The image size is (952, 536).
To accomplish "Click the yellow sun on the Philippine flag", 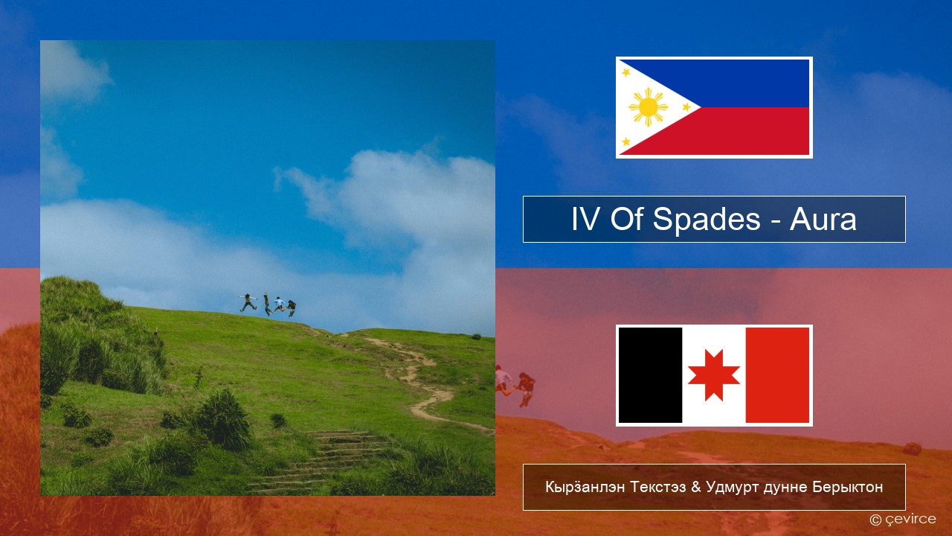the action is pyautogui.click(x=648, y=107).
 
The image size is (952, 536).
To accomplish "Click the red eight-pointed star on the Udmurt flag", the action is pyautogui.click(x=714, y=375).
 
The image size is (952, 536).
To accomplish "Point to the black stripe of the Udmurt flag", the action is pyautogui.click(x=650, y=375).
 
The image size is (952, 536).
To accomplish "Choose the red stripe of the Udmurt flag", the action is pyautogui.click(x=778, y=375).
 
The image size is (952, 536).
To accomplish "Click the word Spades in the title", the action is pyautogui.click(x=707, y=220).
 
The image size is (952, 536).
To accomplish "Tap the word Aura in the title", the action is pyautogui.click(x=823, y=220).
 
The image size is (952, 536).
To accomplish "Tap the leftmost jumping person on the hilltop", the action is pyautogui.click(x=248, y=302).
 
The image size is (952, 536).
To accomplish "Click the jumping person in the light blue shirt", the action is pyautogui.click(x=279, y=305).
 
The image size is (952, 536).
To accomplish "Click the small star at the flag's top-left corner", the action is pyautogui.click(x=625, y=72).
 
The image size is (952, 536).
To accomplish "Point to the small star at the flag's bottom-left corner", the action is pyautogui.click(x=625, y=141).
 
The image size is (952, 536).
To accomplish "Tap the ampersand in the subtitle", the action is pyautogui.click(x=695, y=487).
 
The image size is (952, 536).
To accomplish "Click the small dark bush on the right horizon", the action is pyautogui.click(x=476, y=336).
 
